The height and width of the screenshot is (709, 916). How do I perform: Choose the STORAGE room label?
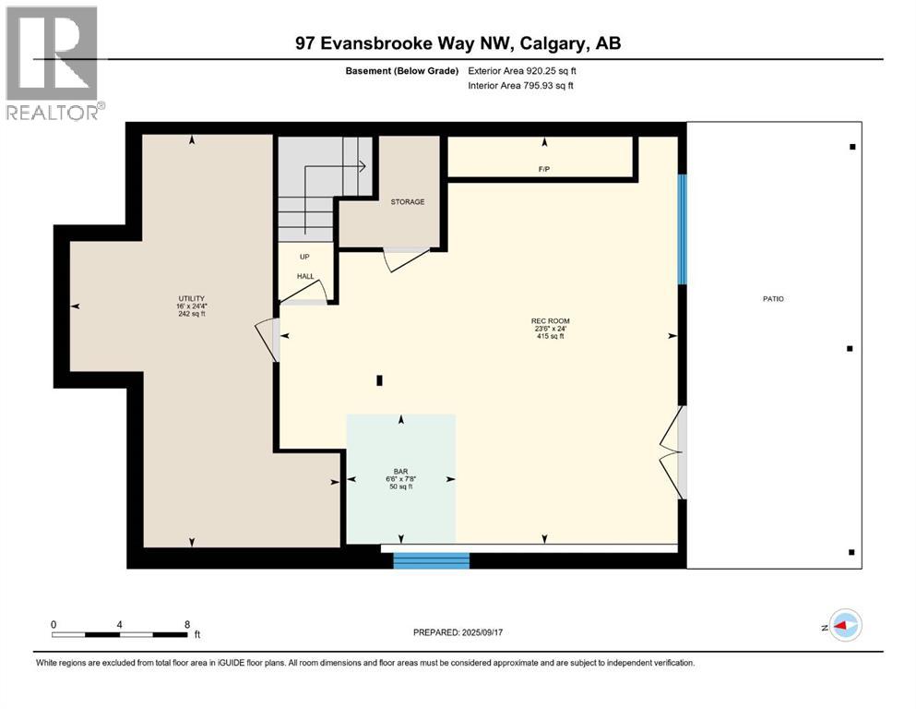tap(407, 201)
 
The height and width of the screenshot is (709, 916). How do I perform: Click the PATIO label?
tap(773, 298)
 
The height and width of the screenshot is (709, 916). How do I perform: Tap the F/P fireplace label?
tap(544, 169)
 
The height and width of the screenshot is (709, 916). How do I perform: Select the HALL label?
tap(306, 276)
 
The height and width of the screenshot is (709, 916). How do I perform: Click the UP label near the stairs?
tap(303, 258)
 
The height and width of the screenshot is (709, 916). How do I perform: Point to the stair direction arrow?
tap(361, 166)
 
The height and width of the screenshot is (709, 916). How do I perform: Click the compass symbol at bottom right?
tap(844, 626)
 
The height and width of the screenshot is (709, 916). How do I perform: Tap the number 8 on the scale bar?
tap(187, 624)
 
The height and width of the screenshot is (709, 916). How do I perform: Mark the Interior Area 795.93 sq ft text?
tap(521, 86)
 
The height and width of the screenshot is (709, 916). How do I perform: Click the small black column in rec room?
tap(379, 379)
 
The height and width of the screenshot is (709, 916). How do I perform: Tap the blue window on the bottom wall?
tap(432, 560)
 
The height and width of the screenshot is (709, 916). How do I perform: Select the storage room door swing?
tap(400, 259)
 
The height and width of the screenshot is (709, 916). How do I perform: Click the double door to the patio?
tap(674, 452)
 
